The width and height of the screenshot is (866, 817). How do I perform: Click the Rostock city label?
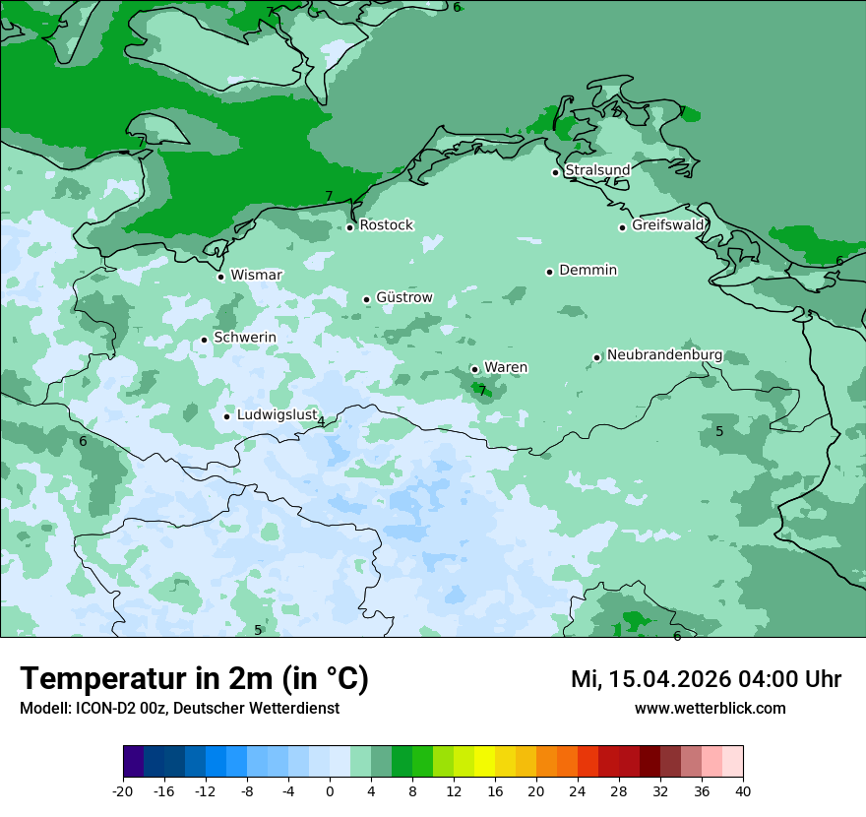(386, 225)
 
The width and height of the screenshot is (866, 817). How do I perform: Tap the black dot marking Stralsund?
(555, 172)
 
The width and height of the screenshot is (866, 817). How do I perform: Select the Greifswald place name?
(668, 225)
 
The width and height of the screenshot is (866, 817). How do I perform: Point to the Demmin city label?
(588, 271)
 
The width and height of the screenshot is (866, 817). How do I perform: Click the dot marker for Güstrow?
(366, 299)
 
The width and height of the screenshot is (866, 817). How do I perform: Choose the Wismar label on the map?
(256, 276)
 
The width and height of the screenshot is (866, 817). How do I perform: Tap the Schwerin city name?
(245, 338)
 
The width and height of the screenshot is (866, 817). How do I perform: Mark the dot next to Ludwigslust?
(226, 416)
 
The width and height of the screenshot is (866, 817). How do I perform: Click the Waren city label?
(506, 368)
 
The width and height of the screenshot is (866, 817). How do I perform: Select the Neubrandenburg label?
(664, 355)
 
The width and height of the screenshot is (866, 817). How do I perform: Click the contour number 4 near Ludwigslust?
(321, 422)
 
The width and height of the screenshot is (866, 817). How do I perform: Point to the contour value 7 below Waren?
(482, 390)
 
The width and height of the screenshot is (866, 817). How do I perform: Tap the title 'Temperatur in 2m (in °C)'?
(194, 679)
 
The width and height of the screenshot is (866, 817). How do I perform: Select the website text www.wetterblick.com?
(710, 709)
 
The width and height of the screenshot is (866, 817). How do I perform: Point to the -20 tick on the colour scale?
(123, 791)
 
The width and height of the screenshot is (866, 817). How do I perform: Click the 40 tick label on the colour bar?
(743, 791)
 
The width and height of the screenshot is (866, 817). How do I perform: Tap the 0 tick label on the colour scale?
(330, 791)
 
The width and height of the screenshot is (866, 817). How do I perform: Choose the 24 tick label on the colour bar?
(578, 791)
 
